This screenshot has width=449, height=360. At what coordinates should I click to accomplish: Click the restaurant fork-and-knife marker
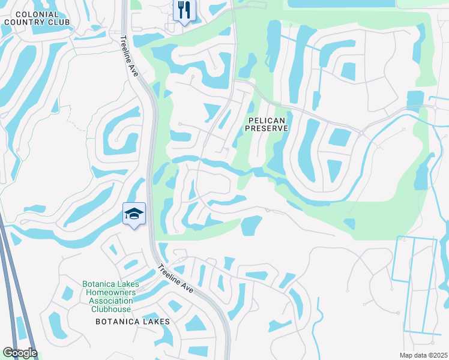coord(184,10)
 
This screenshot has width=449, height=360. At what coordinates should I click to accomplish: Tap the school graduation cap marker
coord(134,214)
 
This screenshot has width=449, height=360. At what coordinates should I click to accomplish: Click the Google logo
coord(20,353)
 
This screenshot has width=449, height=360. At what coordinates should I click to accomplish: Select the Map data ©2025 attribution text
coord(423,355)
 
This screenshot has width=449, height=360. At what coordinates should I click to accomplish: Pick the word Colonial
coord(37,14)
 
